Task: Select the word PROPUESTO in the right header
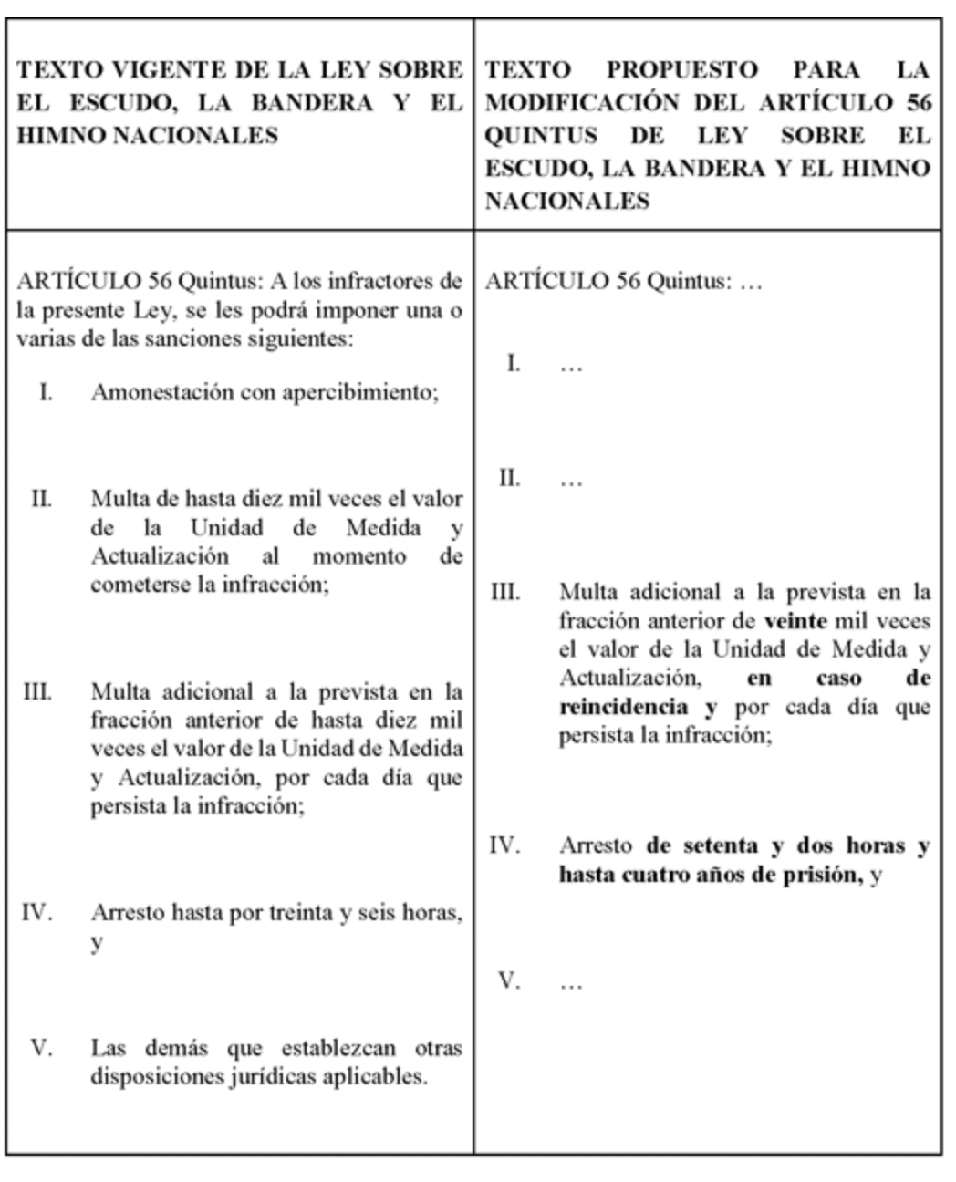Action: click(682, 70)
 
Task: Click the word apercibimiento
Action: click(361, 393)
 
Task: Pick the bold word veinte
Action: click(795, 622)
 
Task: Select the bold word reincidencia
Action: click(624, 708)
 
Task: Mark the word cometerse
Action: click(141, 585)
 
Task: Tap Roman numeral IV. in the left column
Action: click(36, 913)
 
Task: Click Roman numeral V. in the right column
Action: click(509, 981)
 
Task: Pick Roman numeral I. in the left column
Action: click(45, 393)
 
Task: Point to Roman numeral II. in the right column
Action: click(510, 478)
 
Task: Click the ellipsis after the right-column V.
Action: click(571, 983)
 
